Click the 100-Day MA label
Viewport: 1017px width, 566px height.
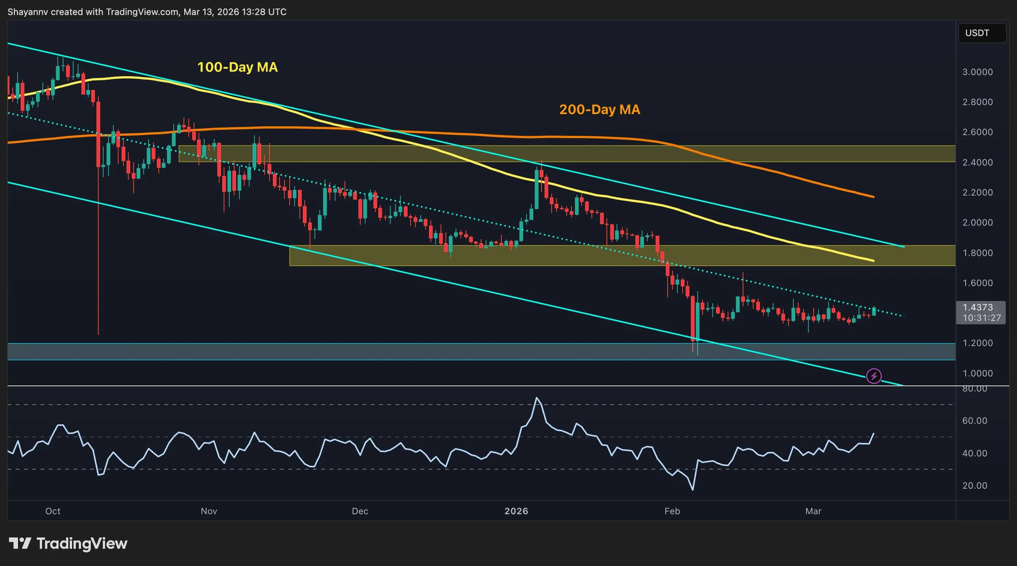coord(237,67)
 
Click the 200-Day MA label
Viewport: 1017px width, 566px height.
coord(599,110)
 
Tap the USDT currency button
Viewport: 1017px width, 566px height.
coord(982,33)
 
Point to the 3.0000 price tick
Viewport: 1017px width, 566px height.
coord(977,72)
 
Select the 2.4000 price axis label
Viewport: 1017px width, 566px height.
coord(977,162)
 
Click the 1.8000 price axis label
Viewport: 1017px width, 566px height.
coord(977,253)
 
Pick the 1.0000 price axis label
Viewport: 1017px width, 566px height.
coord(977,373)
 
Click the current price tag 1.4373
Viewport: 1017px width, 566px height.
coord(977,307)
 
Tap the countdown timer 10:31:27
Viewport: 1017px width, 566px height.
coord(981,318)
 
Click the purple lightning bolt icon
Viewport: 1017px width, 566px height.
coord(874,376)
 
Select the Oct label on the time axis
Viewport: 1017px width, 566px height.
coord(53,511)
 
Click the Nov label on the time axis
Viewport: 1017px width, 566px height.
coord(209,511)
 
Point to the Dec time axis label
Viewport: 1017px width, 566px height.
coord(360,511)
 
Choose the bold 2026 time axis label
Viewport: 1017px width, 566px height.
coord(516,511)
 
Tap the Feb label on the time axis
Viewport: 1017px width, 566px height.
coord(672,511)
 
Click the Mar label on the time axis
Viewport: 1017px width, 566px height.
coord(813,511)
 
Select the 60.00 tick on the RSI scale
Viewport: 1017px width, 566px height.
coord(974,421)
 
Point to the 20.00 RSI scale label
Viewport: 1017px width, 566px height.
coord(974,486)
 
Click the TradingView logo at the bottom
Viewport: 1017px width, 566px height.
coord(68,543)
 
